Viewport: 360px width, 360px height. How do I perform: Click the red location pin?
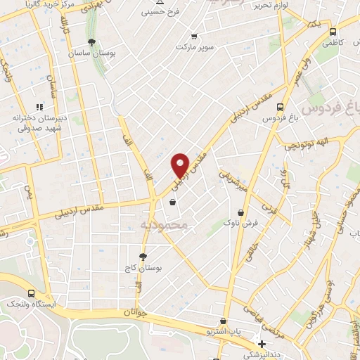coord(181,165)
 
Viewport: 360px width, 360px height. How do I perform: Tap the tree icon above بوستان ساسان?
coord(91,42)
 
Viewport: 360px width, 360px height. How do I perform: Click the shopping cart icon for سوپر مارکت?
coord(194,36)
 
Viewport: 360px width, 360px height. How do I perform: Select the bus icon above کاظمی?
coord(333,32)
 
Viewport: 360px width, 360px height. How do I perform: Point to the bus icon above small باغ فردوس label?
coord(281,108)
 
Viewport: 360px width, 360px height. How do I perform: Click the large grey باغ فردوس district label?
coord(330,109)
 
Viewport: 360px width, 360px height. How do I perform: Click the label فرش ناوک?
coord(241,223)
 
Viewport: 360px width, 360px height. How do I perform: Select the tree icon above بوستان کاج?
coord(143,257)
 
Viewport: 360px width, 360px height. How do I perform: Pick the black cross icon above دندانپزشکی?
coord(262,345)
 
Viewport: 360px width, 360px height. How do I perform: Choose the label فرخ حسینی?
coord(161,12)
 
